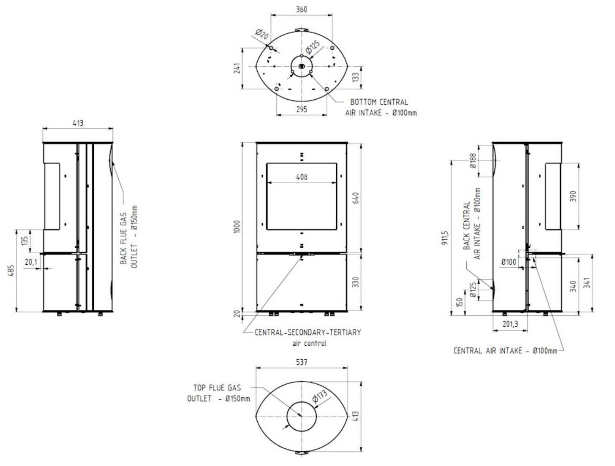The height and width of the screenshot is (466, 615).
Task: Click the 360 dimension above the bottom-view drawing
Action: coord(302,10)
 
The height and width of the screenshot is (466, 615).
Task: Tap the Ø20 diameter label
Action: coord(262,34)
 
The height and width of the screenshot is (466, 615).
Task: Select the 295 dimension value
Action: coord(302,109)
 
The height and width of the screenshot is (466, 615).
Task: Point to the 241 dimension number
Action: coord(237,68)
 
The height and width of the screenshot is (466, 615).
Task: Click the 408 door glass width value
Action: coord(302,177)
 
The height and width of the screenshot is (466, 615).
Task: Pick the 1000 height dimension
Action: coord(237,226)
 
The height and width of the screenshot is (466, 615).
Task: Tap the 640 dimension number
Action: coord(356,198)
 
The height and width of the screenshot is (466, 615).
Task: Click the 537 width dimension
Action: coord(302,362)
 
